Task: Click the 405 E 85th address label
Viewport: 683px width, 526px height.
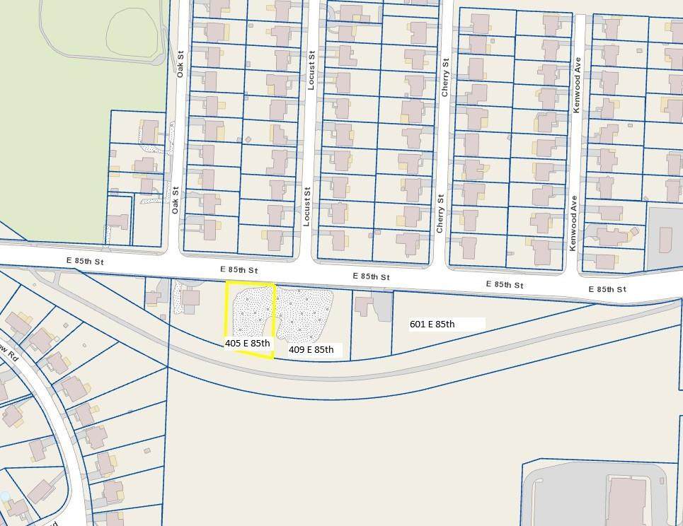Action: [x=248, y=343]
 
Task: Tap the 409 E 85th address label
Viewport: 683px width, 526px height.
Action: [x=311, y=349]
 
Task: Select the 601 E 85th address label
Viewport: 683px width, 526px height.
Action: [x=432, y=325]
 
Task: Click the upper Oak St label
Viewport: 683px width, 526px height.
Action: [x=180, y=64]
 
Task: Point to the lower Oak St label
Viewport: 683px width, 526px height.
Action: [x=175, y=199]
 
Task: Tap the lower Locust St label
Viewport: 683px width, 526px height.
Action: [x=307, y=206]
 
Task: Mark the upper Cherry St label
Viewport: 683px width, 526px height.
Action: [x=445, y=78]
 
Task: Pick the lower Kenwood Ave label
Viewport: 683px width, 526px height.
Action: [x=573, y=223]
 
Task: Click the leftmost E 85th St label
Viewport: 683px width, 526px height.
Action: [x=85, y=261]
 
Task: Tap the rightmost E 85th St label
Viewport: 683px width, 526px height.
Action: [x=608, y=289]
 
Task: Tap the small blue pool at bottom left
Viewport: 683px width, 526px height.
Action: [x=5, y=496]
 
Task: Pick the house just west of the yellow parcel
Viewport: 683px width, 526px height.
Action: [x=190, y=297]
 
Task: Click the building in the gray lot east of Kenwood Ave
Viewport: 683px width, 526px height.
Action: [x=665, y=239]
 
